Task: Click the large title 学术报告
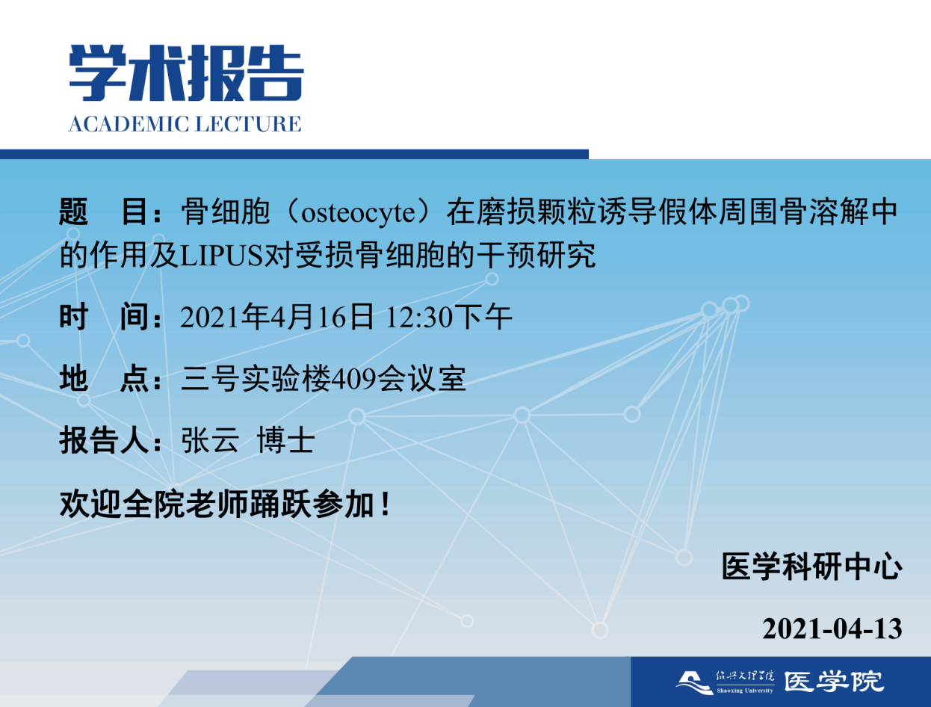click(186, 73)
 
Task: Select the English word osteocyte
click(358, 212)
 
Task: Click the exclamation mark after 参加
click(386, 504)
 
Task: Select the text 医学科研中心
click(811, 567)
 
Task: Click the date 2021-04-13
click(832, 629)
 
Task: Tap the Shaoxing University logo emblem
click(694, 683)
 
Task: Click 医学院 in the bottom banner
click(834, 682)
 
